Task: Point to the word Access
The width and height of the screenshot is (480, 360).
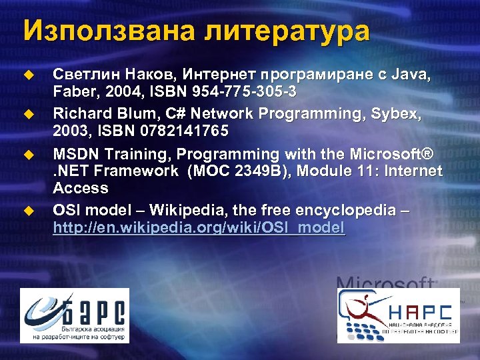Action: click(80, 188)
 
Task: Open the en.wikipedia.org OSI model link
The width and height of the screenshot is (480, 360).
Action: click(199, 228)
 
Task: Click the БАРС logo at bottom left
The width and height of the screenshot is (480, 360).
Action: click(74, 315)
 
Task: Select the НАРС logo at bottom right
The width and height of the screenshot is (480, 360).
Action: click(397, 315)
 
